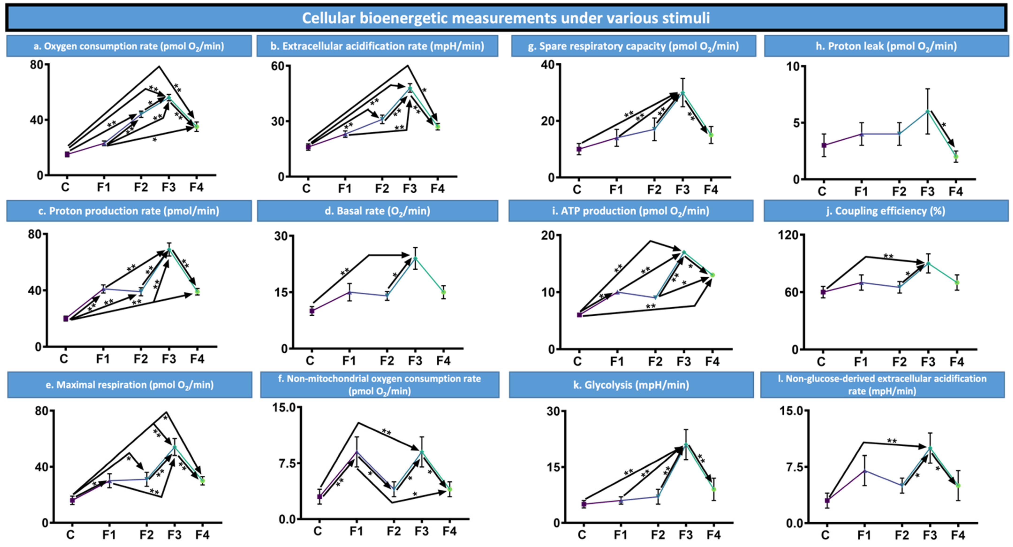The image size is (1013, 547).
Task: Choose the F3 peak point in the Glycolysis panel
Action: tap(686, 445)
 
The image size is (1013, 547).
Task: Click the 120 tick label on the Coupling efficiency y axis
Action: tap(788, 235)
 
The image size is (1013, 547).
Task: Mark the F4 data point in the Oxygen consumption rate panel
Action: tap(196, 126)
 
